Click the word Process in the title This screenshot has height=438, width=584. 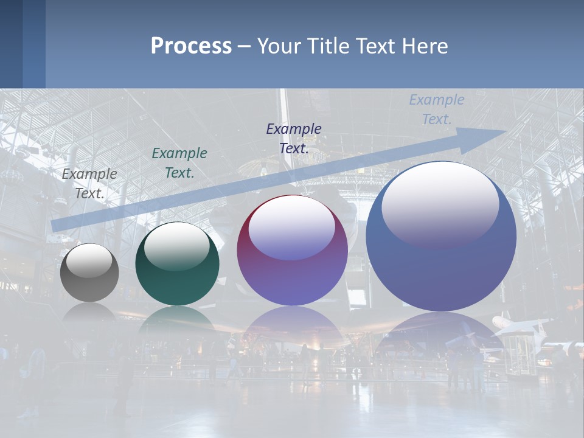(191, 46)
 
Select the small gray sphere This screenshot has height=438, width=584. (89, 273)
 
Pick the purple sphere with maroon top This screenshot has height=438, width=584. (292, 251)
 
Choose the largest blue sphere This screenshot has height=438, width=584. (441, 237)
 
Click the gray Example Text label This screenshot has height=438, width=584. (89, 183)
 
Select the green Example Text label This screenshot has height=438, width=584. (179, 163)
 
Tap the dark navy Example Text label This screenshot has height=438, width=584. (294, 138)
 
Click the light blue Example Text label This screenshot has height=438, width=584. (436, 109)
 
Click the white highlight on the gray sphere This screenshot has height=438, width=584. (89, 260)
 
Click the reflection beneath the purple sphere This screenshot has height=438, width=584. (292, 325)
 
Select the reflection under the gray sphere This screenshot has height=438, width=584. (89, 311)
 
